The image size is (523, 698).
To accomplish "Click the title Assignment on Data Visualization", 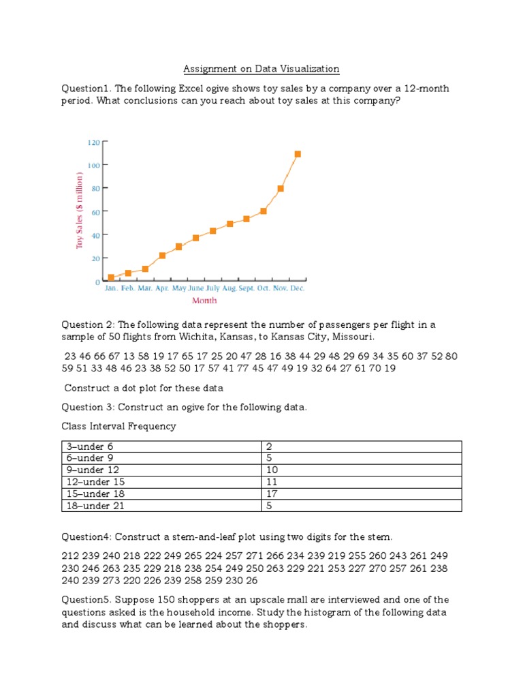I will coord(261,69).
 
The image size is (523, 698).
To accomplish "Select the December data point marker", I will coord(298,154).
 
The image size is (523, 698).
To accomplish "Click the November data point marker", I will coord(281,188).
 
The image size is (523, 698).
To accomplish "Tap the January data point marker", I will coord(111,277).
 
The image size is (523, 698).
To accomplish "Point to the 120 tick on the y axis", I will coord(94,142).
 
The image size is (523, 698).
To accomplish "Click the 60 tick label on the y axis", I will coord(95,212).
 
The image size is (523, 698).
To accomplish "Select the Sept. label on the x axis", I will coord(246,288).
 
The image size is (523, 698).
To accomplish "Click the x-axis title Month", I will coord(204,300).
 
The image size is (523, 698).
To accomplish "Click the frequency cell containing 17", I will coord(273,494).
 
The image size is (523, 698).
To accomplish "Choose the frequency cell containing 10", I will coord(273,470).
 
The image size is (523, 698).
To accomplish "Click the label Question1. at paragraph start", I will coord(86,89).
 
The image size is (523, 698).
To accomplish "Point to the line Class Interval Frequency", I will coord(119,426).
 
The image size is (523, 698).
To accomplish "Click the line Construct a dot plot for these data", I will coord(144,388).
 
